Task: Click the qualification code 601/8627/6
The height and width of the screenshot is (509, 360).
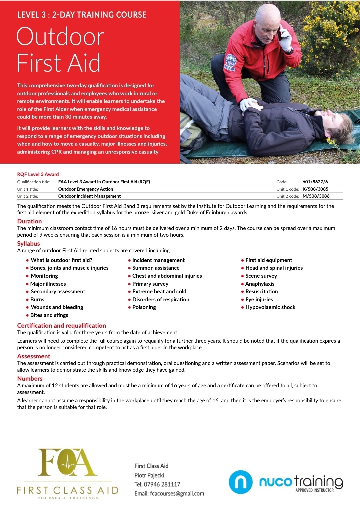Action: point(315,182)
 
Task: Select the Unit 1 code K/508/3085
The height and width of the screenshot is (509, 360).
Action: point(315,189)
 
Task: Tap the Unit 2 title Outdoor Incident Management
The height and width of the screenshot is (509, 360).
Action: point(89,196)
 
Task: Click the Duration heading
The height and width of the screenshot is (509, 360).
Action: point(29,221)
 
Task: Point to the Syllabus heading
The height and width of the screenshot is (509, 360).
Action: point(28,243)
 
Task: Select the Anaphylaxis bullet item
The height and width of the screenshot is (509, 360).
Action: point(260,284)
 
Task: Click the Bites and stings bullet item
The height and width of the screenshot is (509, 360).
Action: point(49,315)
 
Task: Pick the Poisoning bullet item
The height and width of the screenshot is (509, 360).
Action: point(144,307)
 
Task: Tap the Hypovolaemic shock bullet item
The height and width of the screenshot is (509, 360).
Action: point(270,307)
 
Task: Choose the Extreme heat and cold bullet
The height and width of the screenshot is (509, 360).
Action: point(159,291)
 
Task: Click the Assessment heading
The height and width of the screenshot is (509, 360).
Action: point(34,356)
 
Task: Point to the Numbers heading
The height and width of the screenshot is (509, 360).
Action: point(30,378)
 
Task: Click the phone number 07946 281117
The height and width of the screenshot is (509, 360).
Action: point(162,484)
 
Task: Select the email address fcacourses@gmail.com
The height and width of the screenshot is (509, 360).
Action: point(177,493)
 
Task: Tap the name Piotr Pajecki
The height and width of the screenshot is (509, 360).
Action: point(149,475)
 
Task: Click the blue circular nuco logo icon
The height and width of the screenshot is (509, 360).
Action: point(240,482)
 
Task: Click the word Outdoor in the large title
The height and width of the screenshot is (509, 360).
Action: point(60,37)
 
